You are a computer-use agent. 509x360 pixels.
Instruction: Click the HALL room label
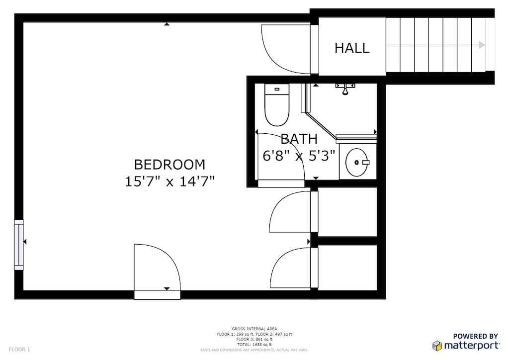pyautogui.click(x=352, y=48)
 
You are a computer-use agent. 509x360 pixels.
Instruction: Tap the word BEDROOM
pyautogui.click(x=170, y=164)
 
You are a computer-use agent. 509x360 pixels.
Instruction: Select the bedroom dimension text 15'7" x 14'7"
pyautogui.click(x=170, y=181)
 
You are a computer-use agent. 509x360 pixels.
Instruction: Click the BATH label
pyautogui.click(x=299, y=139)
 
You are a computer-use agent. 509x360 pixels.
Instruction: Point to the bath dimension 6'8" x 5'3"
pyautogui.click(x=299, y=156)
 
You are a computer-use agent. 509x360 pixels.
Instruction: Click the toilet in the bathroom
pyautogui.click(x=276, y=105)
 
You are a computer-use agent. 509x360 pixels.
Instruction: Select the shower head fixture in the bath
pyautogui.click(x=345, y=89)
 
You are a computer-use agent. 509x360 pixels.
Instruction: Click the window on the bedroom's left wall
pyautogui.click(x=18, y=245)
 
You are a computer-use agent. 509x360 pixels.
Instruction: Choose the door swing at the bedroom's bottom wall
pyautogui.click(x=156, y=269)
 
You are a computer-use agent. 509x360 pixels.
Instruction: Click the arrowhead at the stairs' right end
pyautogui.click(x=482, y=45)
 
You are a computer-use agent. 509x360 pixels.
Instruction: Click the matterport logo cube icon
pyautogui.click(x=437, y=346)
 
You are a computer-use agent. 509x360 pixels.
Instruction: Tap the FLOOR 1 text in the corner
pyautogui.click(x=19, y=350)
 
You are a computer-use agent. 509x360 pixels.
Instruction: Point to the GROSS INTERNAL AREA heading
pyautogui.click(x=254, y=329)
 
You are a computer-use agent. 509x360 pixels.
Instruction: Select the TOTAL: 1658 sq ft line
pyautogui.click(x=254, y=345)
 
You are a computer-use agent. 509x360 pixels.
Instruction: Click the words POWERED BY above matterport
pyautogui.click(x=475, y=337)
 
